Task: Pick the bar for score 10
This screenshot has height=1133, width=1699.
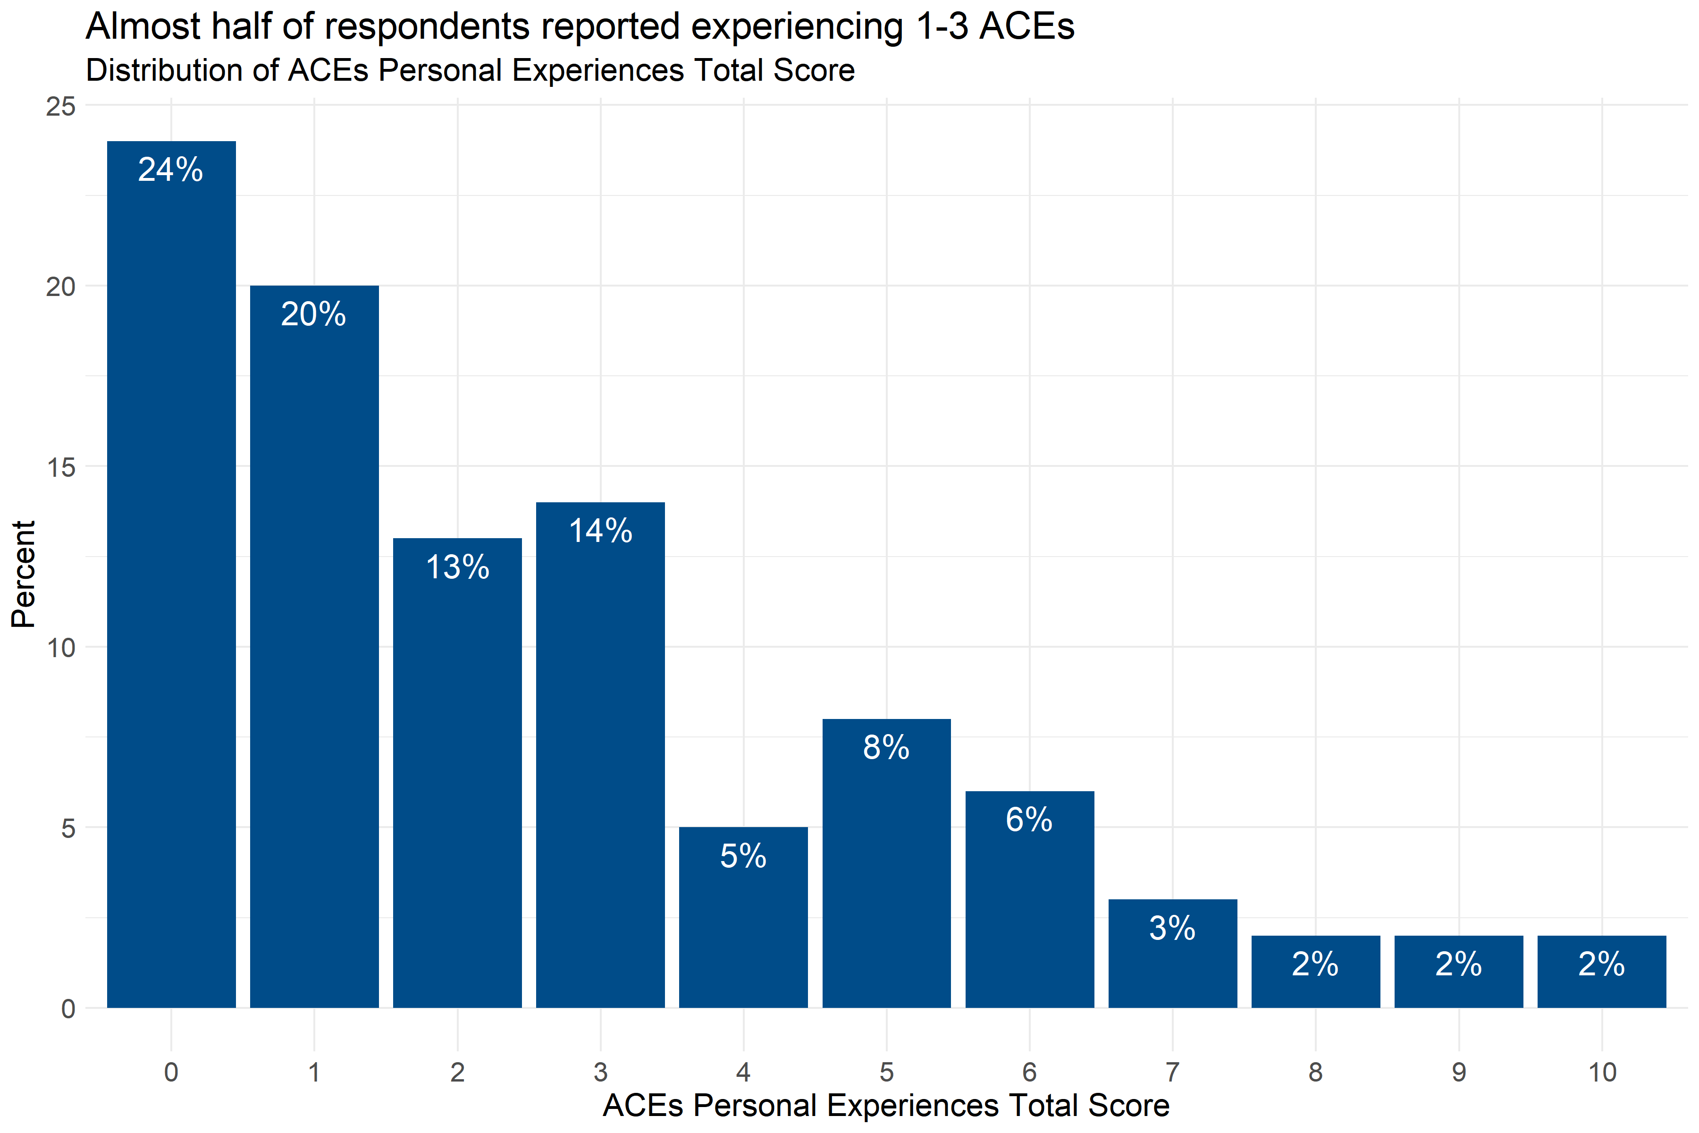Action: pos(1601,983)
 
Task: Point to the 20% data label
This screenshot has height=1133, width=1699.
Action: pos(313,314)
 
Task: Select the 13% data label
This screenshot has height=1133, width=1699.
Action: pos(457,567)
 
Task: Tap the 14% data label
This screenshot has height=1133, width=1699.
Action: pos(600,531)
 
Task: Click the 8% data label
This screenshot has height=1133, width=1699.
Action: pos(886,748)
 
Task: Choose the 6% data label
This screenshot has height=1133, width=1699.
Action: pos(1029,820)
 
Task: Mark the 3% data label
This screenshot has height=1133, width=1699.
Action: pos(1172,929)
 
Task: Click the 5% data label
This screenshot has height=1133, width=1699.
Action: pos(743,856)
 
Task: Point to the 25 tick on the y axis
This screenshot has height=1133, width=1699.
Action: pos(61,106)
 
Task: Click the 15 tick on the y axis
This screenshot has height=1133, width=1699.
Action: pos(61,467)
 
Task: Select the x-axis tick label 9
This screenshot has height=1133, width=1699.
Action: pos(1458,1072)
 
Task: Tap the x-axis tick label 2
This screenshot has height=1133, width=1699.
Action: pos(457,1072)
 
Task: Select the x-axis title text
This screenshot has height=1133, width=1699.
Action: pos(886,1106)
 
